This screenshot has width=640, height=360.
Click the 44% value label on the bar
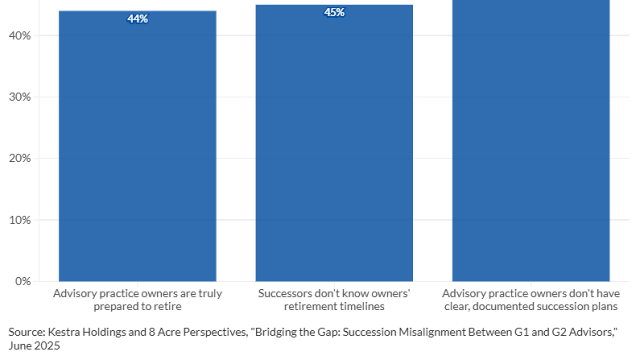click(x=137, y=19)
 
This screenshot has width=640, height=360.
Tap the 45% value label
click(x=334, y=12)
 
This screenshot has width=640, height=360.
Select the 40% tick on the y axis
click(x=20, y=35)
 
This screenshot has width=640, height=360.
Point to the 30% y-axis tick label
click(x=20, y=97)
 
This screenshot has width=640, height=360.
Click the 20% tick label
click(x=20, y=158)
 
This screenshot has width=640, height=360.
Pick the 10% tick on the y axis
click(x=20, y=220)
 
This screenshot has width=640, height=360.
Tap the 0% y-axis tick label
click(x=22, y=281)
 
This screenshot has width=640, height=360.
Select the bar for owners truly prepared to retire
click(x=137, y=150)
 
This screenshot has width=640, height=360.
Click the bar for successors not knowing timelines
click(x=334, y=150)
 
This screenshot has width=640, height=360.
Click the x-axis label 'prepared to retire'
click(x=137, y=306)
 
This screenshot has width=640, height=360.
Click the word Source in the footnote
click(x=22, y=331)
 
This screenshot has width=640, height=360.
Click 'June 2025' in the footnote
click(x=34, y=345)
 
